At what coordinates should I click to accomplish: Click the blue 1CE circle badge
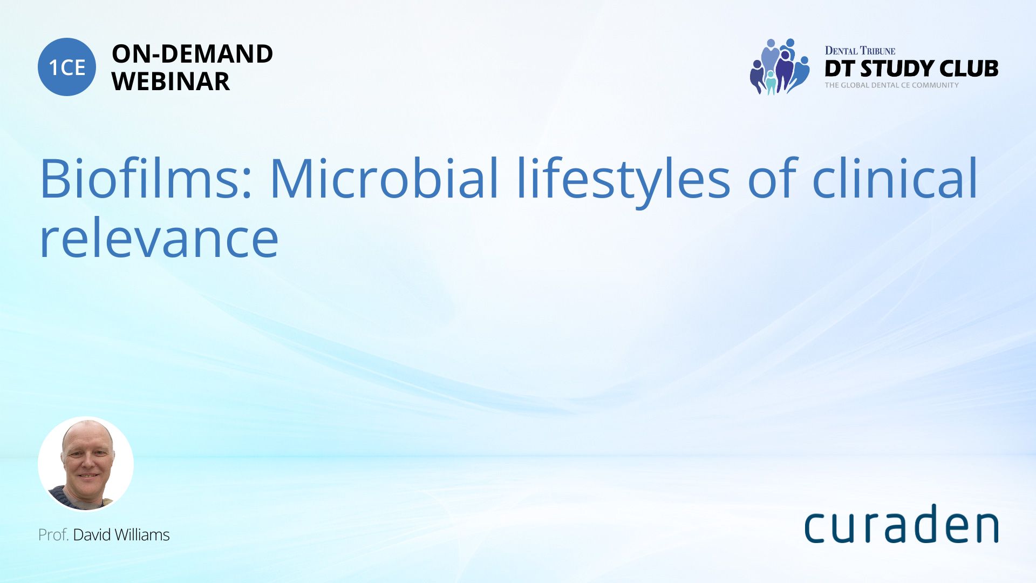pyautogui.click(x=67, y=67)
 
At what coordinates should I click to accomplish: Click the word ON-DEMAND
pyautogui.click(x=192, y=54)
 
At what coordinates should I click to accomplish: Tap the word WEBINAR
pyautogui.click(x=171, y=82)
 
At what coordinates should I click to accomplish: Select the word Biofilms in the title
pyautogui.click(x=146, y=179)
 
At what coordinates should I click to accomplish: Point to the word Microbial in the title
pyautogui.click(x=384, y=179)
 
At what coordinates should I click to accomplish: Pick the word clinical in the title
pyautogui.click(x=895, y=179)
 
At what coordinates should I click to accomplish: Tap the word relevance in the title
pyautogui.click(x=159, y=239)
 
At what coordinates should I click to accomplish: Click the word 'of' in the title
pyautogui.click(x=772, y=179)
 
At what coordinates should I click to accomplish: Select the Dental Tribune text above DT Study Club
pyautogui.click(x=860, y=51)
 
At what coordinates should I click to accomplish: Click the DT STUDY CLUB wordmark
pyautogui.click(x=911, y=69)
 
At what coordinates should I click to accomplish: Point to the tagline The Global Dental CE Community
pyautogui.click(x=892, y=85)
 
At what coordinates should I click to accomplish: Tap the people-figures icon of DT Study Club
pyautogui.click(x=780, y=66)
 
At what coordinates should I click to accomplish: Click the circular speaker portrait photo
pyautogui.click(x=86, y=464)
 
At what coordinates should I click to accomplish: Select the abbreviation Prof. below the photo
pyautogui.click(x=53, y=535)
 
